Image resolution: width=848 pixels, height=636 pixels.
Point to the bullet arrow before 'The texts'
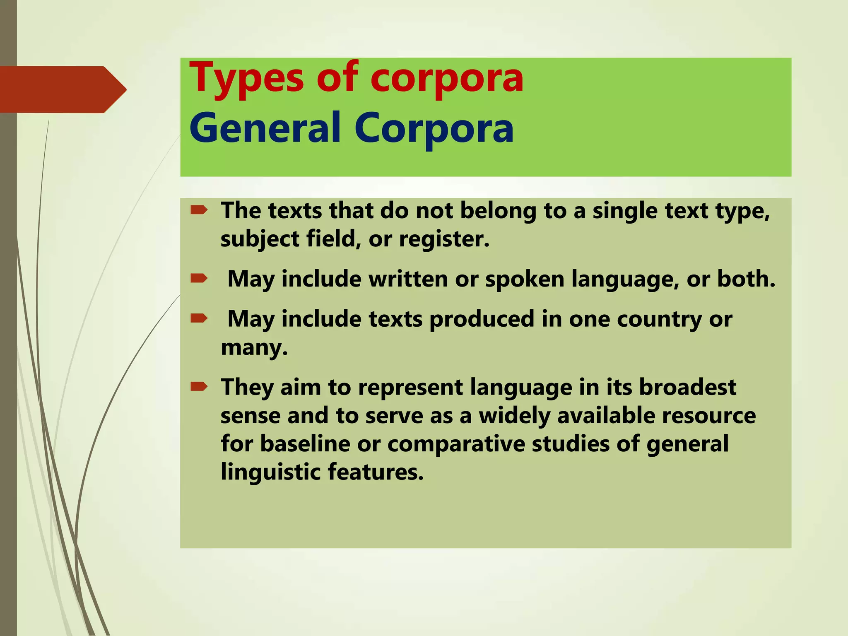(x=199, y=211)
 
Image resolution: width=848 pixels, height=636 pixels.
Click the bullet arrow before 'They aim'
(x=199, y=387)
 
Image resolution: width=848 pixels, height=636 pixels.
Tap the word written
(x=408, y=279)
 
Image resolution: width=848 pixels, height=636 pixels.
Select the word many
(x=254, y=348)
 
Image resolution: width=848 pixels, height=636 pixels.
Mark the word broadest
(x=688, y=388)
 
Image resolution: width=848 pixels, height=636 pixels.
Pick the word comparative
(x=456, y=444)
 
